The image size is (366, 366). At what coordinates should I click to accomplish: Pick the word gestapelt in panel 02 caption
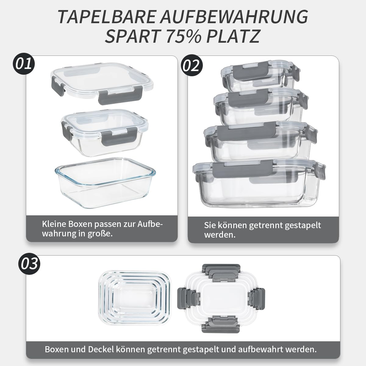pos(303,225)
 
